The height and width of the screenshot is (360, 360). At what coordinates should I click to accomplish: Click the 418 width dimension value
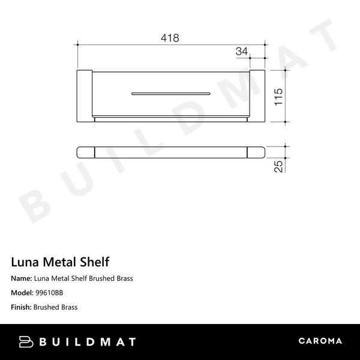coord(170,38)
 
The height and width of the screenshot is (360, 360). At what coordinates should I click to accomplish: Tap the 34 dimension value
coord(242,52)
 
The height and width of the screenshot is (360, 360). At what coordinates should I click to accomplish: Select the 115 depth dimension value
coord(278,95)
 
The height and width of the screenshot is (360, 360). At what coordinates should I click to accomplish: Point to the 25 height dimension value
coord(278,166)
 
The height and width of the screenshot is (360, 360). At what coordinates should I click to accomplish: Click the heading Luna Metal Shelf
coord(60,262)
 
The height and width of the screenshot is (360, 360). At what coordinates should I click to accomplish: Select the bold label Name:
coord(22,278)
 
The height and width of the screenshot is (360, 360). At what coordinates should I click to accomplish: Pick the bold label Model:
coord(22,293)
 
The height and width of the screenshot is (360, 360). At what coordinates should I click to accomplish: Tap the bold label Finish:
coord(22,307)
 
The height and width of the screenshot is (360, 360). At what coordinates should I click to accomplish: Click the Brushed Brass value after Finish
coord(56,307)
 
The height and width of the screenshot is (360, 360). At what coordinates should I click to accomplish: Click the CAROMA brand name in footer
coord(320,341)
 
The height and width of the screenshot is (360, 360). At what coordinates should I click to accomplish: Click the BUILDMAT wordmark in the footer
coord(88,342)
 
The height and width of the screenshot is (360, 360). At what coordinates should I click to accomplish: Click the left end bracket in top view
coord(84,95)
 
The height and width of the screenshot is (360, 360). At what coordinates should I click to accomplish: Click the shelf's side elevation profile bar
coord(171,152)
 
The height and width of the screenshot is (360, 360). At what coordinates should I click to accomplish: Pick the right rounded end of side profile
coord(257,152)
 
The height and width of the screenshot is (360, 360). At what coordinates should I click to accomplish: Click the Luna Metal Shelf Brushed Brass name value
coord(83,278)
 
